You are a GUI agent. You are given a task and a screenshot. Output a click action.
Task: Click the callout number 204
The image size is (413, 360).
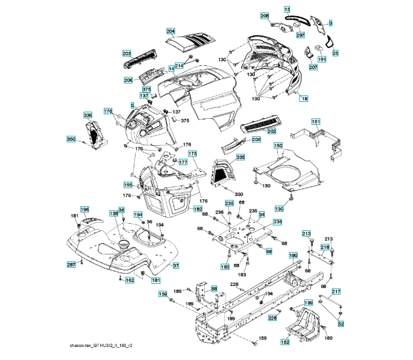pyautogui.click(x=170, y=31)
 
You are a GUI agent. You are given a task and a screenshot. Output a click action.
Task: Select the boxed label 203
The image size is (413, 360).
pyautogui.click(x=127, y=54)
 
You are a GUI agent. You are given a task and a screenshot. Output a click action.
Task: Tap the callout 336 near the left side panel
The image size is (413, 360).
pyautogui.click(x=88, y=115)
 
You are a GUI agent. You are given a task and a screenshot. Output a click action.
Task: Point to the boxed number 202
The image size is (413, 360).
pyautogui.click(x=271, y=130)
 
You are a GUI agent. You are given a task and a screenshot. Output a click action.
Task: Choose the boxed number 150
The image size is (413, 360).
pyautogui.click(x=278, y=145)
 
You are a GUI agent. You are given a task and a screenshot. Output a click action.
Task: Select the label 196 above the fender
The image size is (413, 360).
pyautogui.click(x=85, y=209)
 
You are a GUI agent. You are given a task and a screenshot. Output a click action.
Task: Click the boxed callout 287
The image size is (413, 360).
pyautogui.click(x=71, y=264)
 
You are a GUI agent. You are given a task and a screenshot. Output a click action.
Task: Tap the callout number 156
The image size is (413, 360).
pyautogui.click(x=162, y=294)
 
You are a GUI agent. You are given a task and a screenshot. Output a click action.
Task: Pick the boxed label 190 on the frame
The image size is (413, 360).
pyautogui.click(x=293, y=256)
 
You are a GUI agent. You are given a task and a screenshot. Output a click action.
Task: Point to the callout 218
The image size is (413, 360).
pyautogui.click(x=324, y=247)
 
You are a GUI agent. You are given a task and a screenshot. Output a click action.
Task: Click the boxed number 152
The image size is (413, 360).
pyautogui.click(x=285, y=342)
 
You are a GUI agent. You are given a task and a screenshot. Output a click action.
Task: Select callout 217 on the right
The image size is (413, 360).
pyautogui.click(x=336, y=292)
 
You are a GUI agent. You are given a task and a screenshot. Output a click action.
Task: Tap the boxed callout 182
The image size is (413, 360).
pyautogui.click(x=197, y=208)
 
